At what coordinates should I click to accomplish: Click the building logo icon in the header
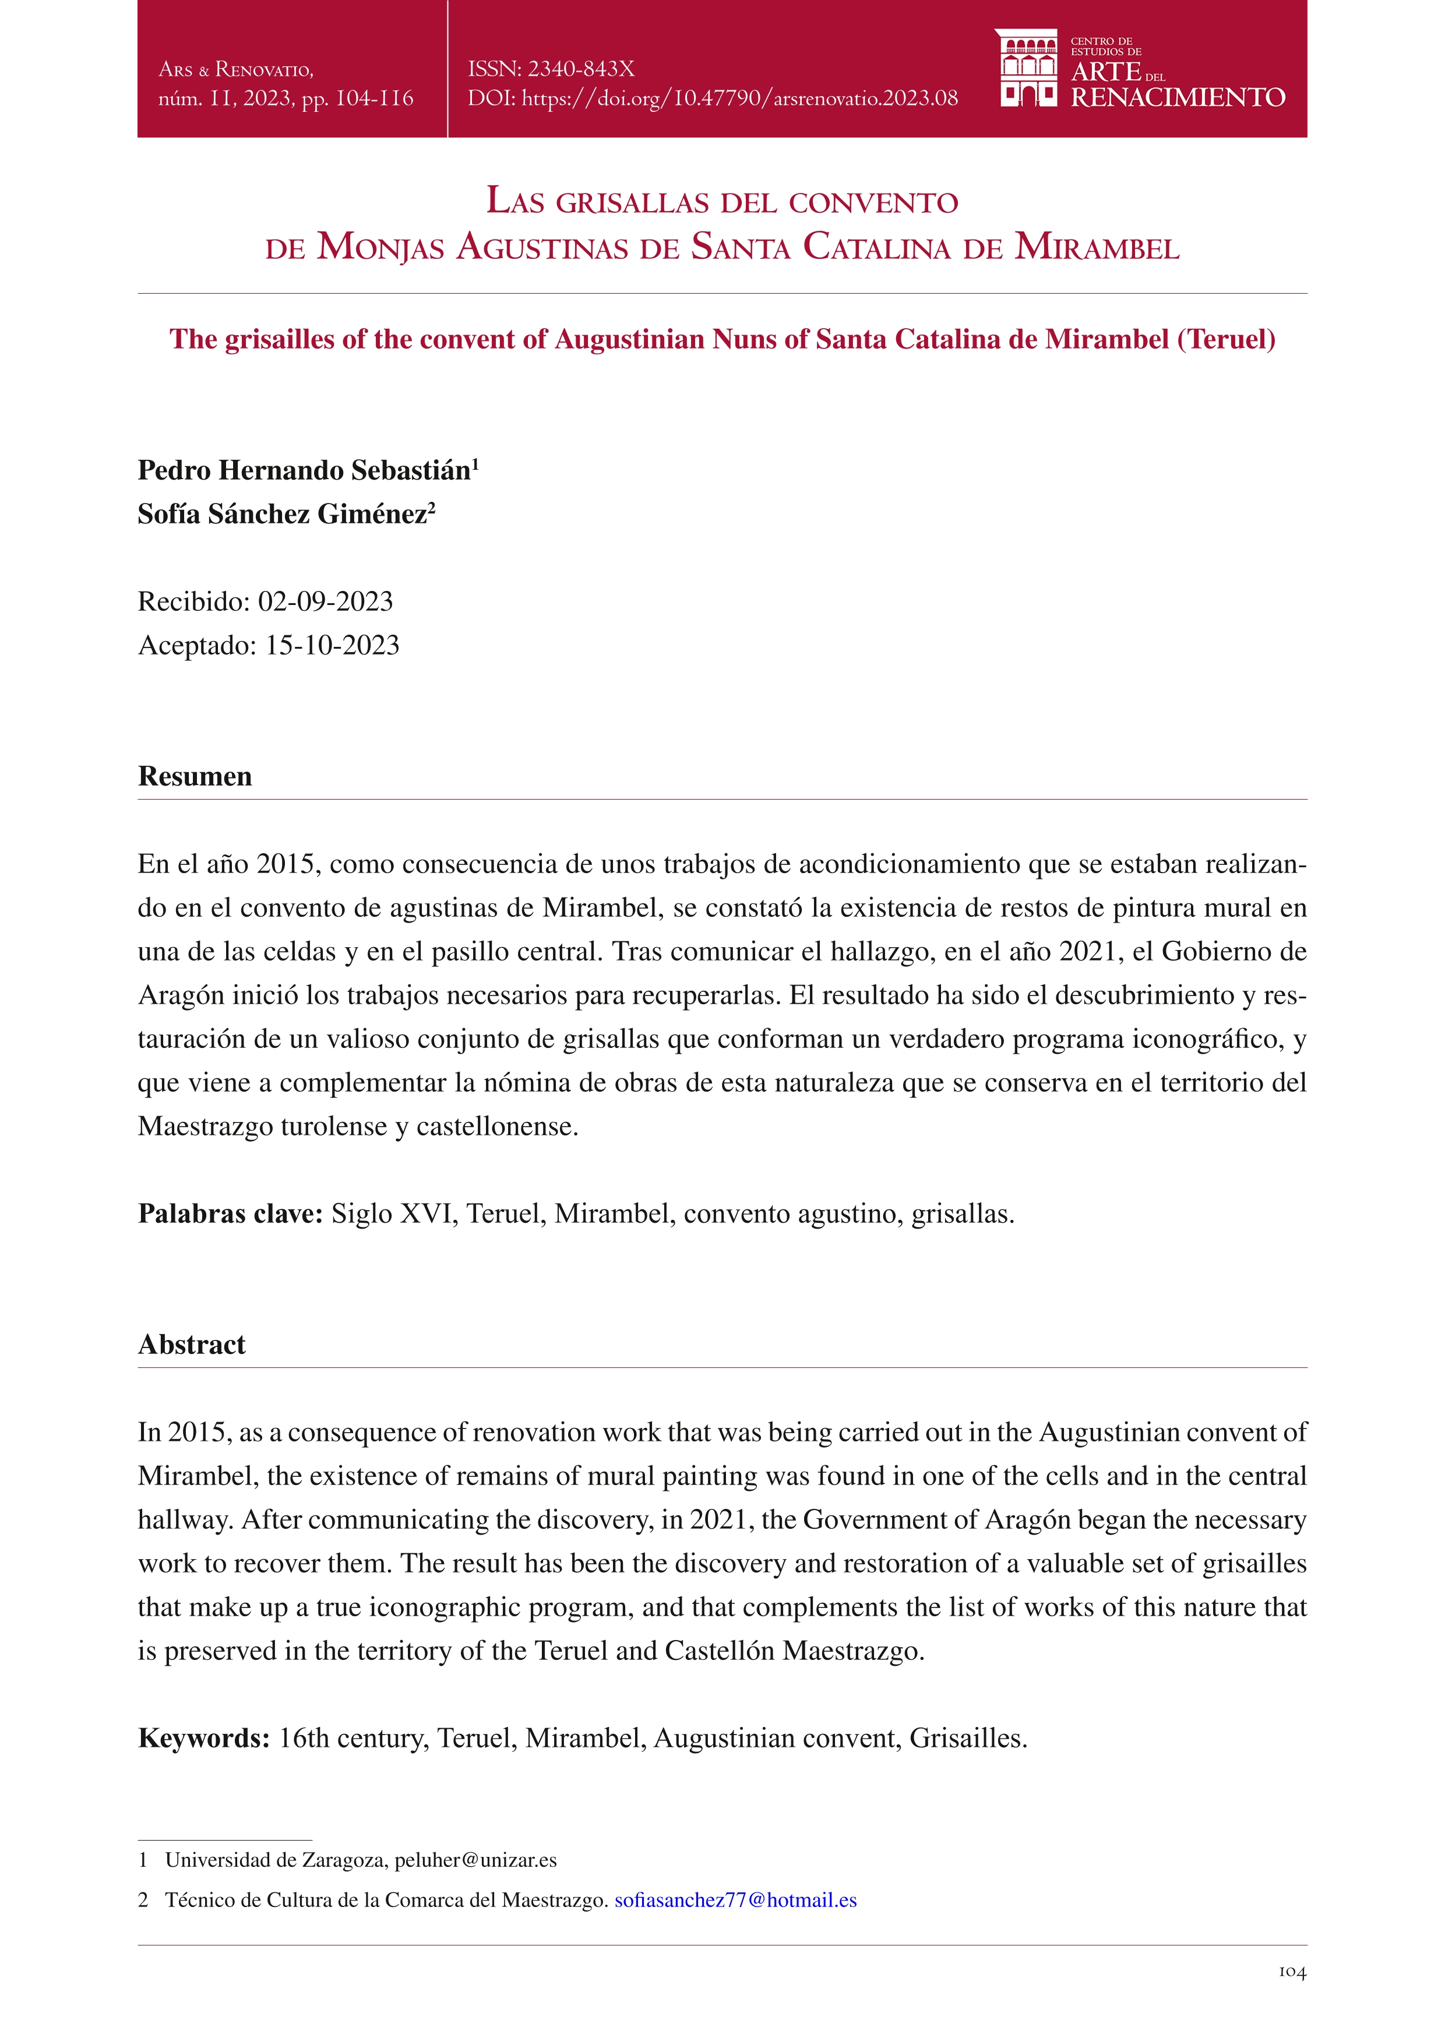(x=1028, y=69)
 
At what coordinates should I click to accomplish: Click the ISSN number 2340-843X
(x=581, y=69)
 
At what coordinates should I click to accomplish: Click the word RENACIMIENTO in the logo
(x=1177, y=98)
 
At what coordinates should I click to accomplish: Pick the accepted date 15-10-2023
(x=332, y=645)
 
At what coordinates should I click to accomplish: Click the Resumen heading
(x=195, y=776)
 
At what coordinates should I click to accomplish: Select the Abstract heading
(x=191, y=1344)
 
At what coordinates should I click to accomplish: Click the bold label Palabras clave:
(x=230, y=1213)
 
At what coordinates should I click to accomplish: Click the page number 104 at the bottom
(x=1292, y=1997)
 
